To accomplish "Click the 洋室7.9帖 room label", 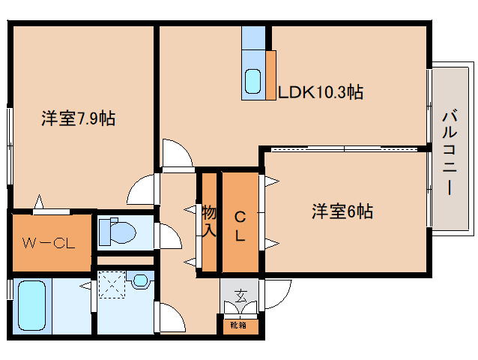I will [78, 118].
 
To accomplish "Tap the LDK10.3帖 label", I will [321, 92].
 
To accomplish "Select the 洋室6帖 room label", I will [342, 212].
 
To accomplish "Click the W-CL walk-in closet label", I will [46, 242].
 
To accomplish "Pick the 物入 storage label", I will [209, 221].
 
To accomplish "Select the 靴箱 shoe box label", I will [239, 325].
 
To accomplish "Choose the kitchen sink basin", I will [253, 79].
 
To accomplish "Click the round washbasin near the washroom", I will [139, 281].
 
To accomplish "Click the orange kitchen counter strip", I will [270, 74].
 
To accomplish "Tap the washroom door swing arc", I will [171, 319].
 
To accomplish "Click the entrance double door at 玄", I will [240, 308].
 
